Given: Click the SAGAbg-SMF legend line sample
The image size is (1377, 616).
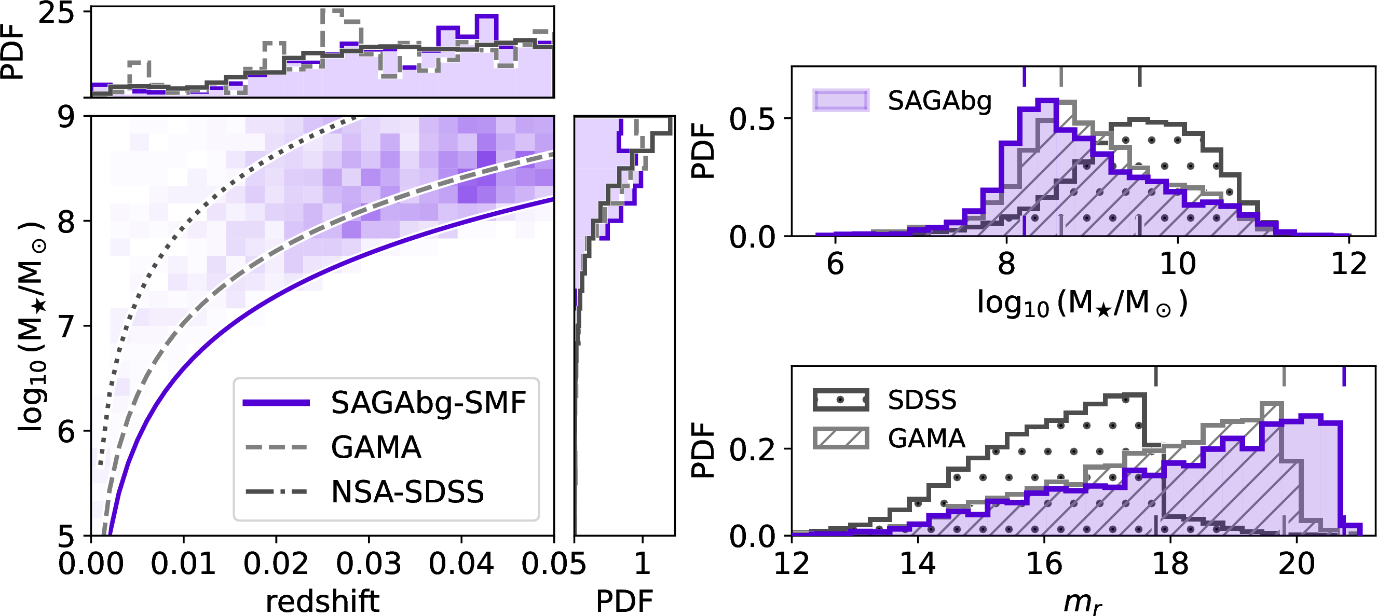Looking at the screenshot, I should pos(276,403).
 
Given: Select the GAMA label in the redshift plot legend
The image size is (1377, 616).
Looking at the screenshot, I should pos(376,447).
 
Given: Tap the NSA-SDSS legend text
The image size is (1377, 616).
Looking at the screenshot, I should pos(407,491).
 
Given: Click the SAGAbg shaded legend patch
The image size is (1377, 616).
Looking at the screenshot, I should pos(841,100).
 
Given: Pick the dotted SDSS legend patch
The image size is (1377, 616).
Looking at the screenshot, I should pos(841,400).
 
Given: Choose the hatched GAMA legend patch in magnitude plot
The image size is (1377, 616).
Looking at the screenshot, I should pos(841,438).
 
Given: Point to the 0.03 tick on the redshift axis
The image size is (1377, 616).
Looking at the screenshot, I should pos(369,564).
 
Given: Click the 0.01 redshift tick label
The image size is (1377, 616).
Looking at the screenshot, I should pos(183,564).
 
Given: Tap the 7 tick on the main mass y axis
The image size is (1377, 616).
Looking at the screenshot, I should pos(66,326).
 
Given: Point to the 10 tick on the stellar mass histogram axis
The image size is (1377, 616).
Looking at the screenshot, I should pos(1178,264).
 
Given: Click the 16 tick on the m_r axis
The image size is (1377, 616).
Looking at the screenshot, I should pos(1044,564).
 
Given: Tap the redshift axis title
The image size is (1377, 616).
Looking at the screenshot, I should pos(322,601).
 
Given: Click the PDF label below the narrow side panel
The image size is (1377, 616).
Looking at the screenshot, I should pos(624,601).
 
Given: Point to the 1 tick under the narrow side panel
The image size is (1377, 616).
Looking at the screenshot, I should pos(642,564).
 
